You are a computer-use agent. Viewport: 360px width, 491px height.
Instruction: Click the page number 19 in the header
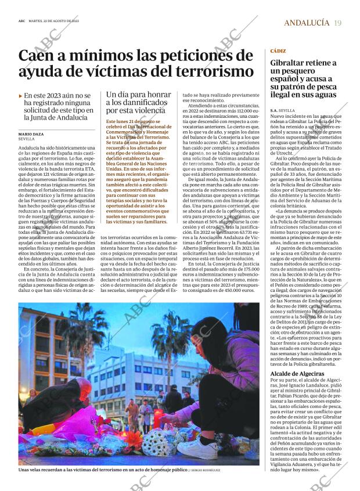[x=338, y=23]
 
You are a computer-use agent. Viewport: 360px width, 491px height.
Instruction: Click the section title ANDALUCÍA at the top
[x=306, y=23]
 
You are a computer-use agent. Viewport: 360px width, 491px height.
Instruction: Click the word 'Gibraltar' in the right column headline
[x=290, y=62]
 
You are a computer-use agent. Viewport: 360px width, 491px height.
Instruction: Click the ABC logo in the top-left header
[x=21, y=21]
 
